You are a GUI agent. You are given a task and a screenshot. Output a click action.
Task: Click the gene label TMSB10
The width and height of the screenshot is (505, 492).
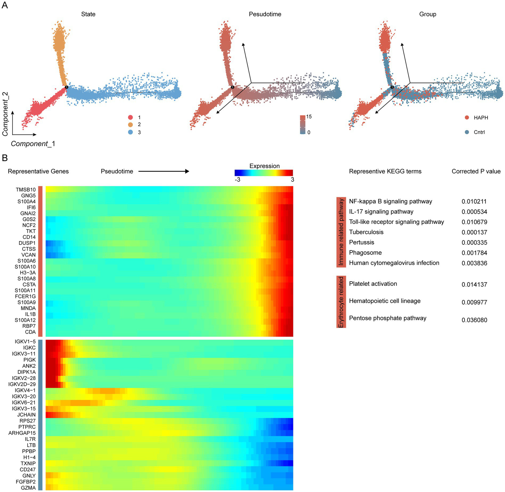tap(26, 190)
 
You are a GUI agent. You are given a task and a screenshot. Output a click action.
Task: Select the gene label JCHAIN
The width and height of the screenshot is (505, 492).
tap(26, 415)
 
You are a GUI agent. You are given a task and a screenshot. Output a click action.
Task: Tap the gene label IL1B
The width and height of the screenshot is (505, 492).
tap(30, 314)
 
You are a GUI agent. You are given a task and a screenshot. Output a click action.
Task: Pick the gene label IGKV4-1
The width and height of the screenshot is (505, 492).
tap(25, 390)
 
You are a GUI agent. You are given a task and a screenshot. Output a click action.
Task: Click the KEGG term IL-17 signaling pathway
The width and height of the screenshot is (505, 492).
tap(381, 211)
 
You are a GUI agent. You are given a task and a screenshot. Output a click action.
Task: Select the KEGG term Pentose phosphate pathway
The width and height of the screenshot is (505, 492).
tap(388, 318)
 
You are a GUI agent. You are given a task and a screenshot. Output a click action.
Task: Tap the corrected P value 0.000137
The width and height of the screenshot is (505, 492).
tap(474, 232)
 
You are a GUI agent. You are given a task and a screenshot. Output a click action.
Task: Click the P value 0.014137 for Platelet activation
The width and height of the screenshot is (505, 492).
tap(474, 284)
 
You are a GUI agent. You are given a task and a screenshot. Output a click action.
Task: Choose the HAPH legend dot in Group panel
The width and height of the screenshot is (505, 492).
tap(467, 118)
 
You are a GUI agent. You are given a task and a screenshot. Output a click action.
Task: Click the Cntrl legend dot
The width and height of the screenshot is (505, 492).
tap(467, 132)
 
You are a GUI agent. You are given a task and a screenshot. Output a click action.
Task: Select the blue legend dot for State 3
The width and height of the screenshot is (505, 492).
tap(131, 132)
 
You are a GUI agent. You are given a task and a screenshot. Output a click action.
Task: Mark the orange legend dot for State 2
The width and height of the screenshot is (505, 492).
tap(131, 124)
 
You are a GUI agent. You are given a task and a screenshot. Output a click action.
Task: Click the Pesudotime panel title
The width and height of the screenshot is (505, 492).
tap(265, 14)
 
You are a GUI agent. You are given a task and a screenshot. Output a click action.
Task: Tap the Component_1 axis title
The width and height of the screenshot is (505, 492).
tap(33, 144)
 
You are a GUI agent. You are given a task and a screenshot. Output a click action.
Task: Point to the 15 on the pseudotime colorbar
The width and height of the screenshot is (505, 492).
tap(309, 117)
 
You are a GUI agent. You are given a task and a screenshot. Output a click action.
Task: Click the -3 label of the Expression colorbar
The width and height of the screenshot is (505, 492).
tap(237, 180)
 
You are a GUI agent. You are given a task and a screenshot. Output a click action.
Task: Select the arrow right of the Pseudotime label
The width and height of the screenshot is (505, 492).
tap(164, 171)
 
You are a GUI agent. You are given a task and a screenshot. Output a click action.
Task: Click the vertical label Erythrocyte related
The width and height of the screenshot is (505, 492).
tap(341, 302)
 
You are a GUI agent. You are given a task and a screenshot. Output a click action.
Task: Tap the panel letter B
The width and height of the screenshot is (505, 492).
tap(5, 158)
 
